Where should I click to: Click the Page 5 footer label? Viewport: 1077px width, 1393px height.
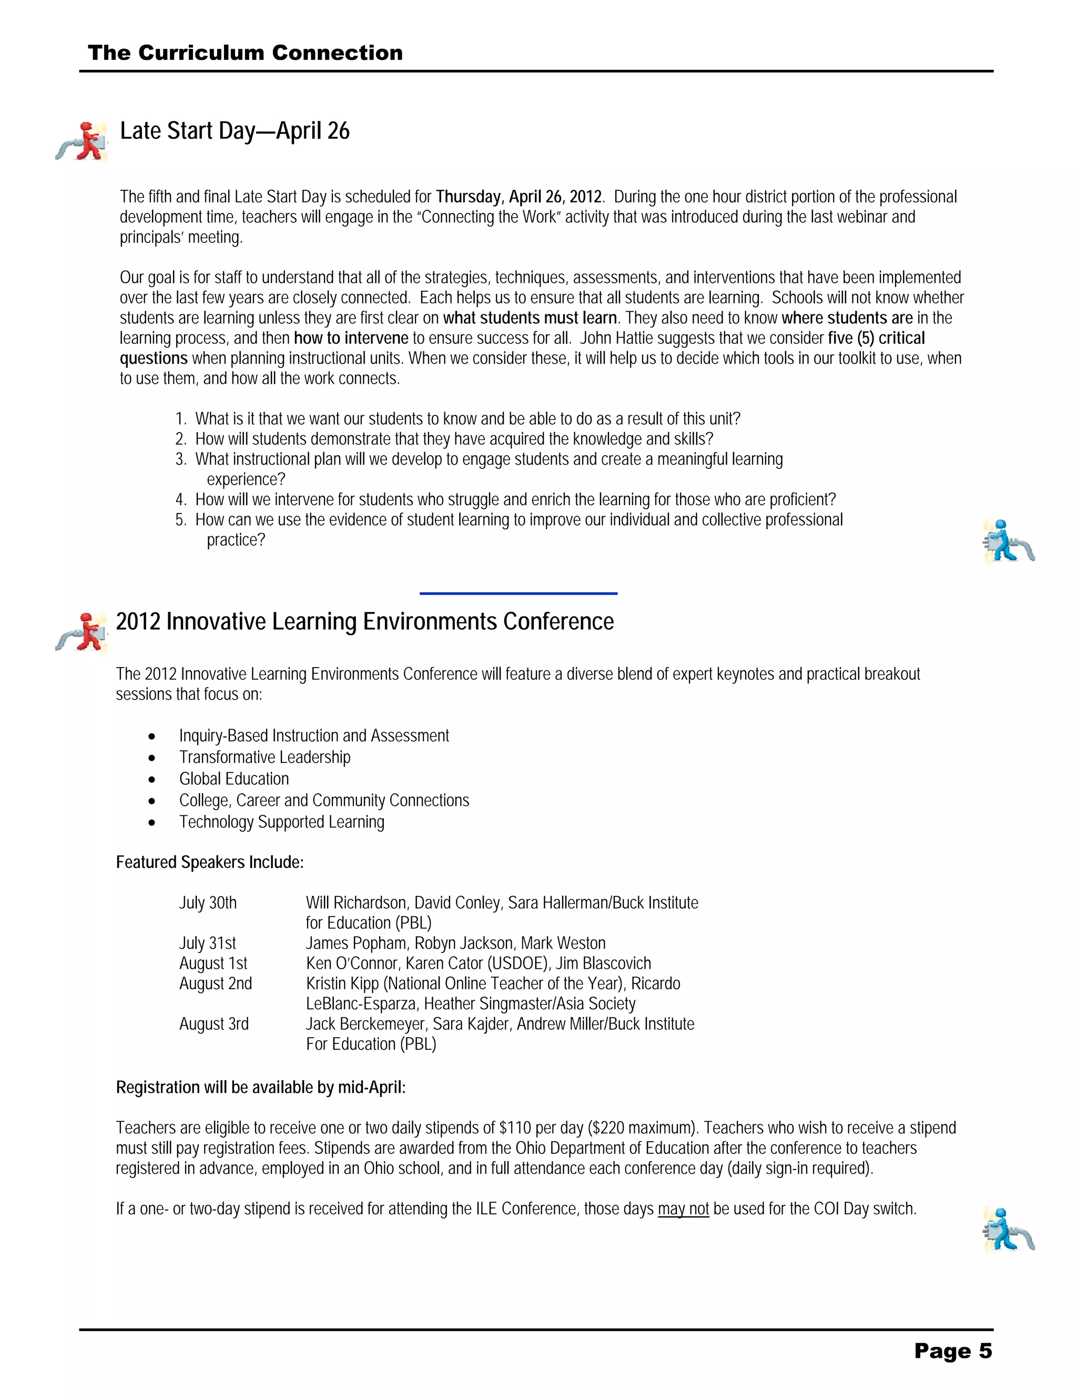coord(952,1350)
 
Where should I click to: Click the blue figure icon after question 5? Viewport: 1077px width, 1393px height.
coord(1008,541)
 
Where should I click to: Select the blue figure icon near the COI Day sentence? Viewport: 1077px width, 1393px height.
coord(1008,1229)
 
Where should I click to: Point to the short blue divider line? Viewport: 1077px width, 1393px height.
coord(518,593)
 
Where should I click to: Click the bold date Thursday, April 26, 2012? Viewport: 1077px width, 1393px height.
coord(519,197)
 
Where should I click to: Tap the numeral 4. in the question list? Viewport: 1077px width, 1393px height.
coord(180,499)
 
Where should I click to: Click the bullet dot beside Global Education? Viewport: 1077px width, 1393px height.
coord(151,780)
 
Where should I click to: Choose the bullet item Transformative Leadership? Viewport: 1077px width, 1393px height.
coord(265,757)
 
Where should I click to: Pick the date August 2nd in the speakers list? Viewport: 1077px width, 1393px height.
coord(216,984)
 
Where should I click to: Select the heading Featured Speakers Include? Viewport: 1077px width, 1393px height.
coord(210,862)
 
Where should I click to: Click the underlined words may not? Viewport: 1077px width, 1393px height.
coord(683,1208)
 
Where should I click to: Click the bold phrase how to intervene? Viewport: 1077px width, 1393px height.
coord(351,338)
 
